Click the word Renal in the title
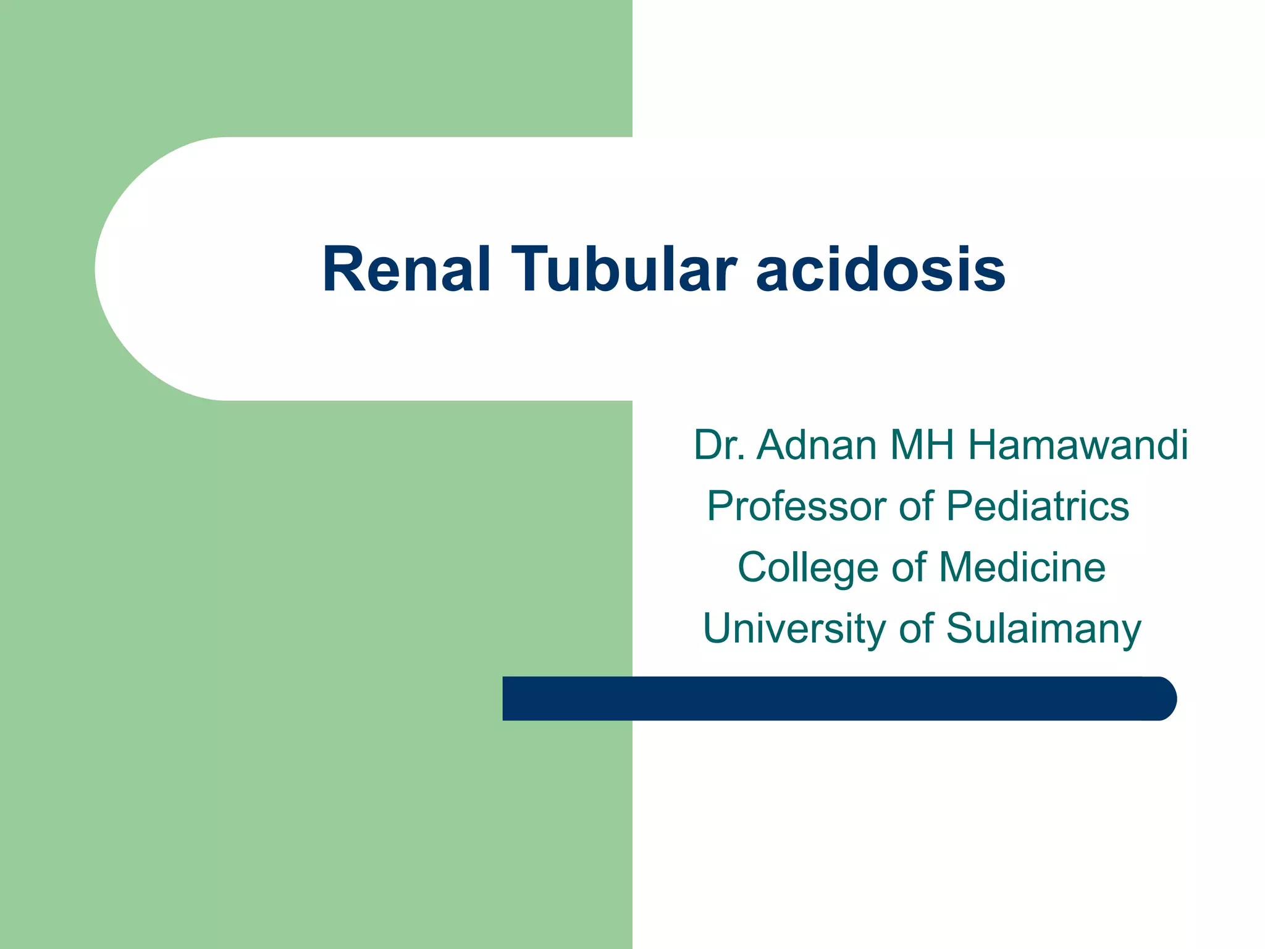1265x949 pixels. point(406,269)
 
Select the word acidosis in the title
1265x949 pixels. point(881,271)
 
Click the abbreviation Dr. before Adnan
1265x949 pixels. point(718,444)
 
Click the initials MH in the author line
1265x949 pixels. point(922,444)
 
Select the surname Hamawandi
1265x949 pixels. point(1078,444)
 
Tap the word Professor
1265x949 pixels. point(797,506)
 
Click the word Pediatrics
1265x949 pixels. point(1038,506)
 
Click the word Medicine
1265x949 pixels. point(1022,567)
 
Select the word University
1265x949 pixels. point(794,628)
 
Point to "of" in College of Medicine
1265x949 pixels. point(909,567)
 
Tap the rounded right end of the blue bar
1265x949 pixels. point(1164,698)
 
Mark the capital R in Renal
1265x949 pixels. point(345,269)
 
